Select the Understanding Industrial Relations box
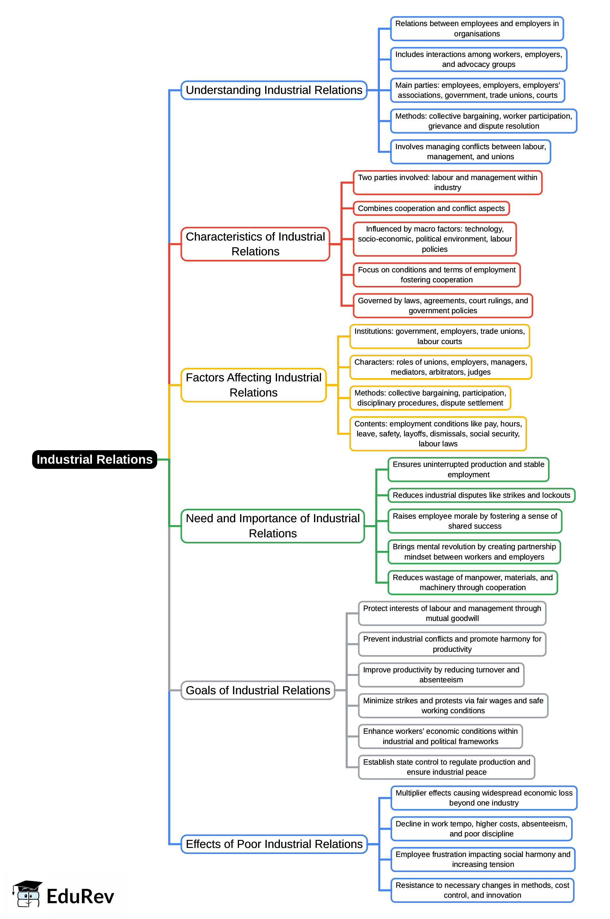(x=274, y=90)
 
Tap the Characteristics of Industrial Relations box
(x=255, y=244)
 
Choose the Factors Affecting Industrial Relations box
(x=253, y=385)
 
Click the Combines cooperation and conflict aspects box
(x=431, y=208)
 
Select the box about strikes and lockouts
(x=481, y=495)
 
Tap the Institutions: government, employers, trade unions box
(x=440, y=336)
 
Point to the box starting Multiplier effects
(x=484, y=798)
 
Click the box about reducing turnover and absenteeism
(x=441, y=675)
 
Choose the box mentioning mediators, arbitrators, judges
(x=440, y=367)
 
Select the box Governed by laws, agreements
(x=443, y=305)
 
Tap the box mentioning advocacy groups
(x=479, y=59)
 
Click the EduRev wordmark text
(x=80, y=896)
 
